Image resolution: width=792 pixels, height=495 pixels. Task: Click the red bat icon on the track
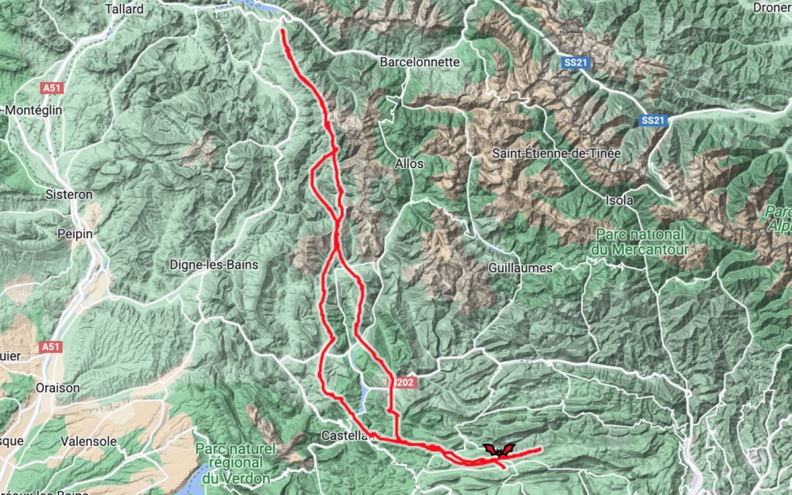click(499, 450)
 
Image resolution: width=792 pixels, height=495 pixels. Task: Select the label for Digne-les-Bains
click(213, 265)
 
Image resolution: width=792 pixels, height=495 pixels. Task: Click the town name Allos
click(409, 164)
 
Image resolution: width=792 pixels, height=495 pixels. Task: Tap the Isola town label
click(620, 200)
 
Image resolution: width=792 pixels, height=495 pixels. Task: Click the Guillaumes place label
click(520, 268)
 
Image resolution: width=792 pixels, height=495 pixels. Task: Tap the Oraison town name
click(57, 387)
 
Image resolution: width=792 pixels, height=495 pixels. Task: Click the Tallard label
click(125, 10)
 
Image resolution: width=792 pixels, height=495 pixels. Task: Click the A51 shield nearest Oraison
click(51, 345)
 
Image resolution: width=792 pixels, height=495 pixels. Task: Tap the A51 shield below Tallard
click(51, 88)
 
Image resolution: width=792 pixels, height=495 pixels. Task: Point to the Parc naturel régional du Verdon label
click(237, 463)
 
